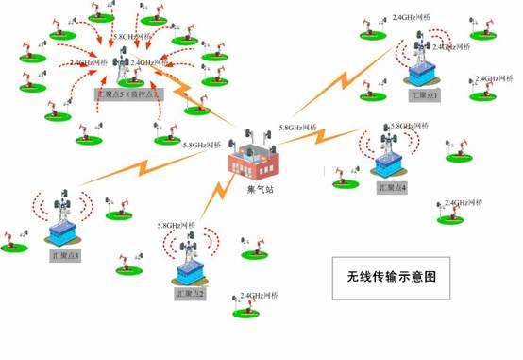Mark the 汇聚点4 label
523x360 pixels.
coord(391,188)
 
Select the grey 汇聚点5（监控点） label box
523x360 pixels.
coord(128,95)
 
